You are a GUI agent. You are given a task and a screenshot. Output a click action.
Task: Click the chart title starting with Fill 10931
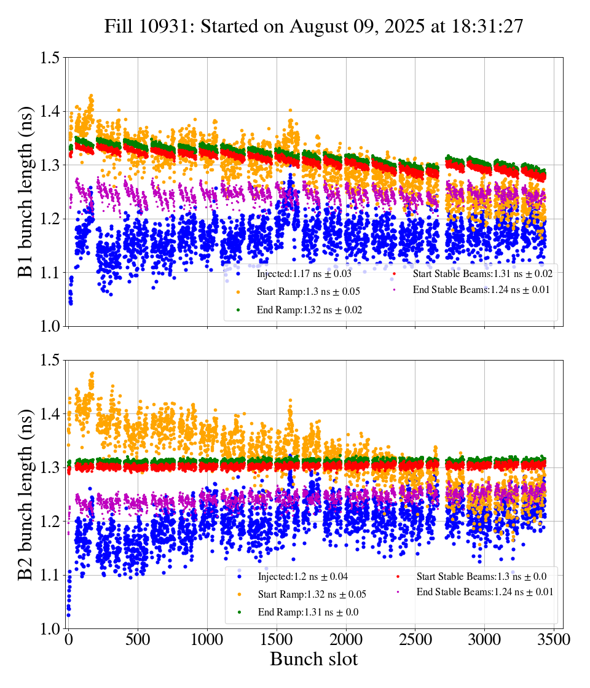coord(313,27)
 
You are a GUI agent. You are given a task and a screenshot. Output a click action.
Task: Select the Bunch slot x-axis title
coord(313,660)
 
